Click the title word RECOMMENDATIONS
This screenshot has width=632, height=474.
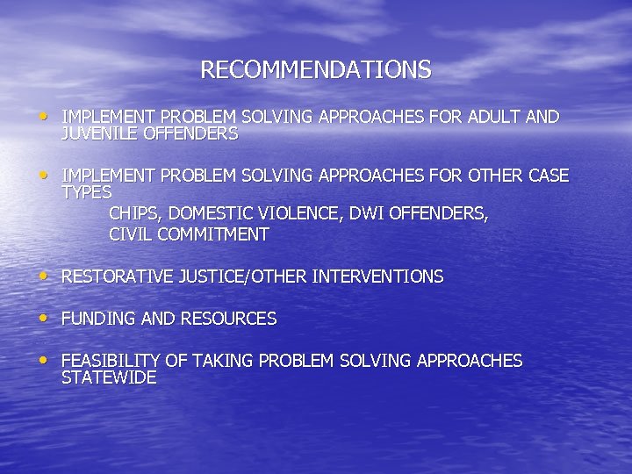[316, 70]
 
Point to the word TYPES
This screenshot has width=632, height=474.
[87, 192]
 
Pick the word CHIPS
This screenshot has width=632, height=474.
[134, 213]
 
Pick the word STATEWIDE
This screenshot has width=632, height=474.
[109, 377]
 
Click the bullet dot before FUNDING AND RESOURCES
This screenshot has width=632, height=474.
[45, 317]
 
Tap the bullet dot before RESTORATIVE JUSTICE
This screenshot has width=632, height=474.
[45, 275]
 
